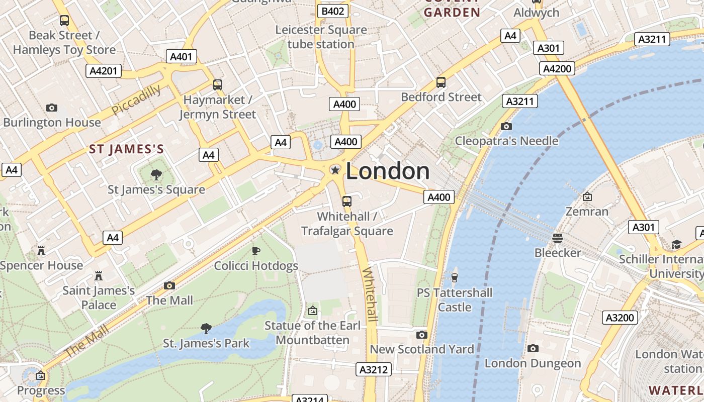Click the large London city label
(388, 171)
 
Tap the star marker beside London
(335, 170)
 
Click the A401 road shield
(182, 56)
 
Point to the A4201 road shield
(104, 71)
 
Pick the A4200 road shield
(557, 68)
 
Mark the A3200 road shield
(621, 318)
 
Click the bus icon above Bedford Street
(441, 82)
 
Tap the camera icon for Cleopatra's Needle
(506, 126)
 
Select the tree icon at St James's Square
(156, 175)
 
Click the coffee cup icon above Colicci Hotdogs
(256, 251)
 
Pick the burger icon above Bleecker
(558, 238)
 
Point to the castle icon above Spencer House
(41, 250)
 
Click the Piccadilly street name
(136, 99)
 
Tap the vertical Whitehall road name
(370, 294)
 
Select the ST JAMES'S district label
(127, 149)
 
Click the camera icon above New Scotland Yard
(422, 335)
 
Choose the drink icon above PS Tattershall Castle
(455, 277)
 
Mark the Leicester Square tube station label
(321, 37)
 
